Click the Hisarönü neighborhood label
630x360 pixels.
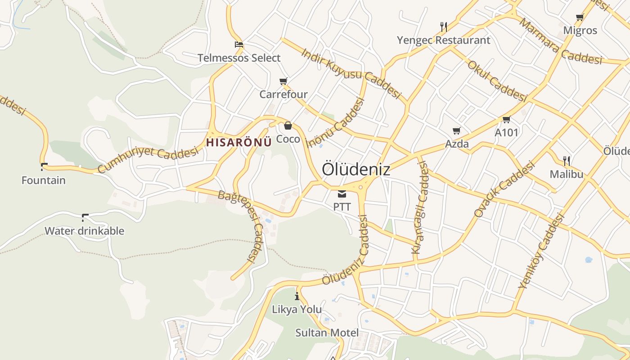239,142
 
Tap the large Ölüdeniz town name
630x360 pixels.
356,170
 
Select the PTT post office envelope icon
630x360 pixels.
342,194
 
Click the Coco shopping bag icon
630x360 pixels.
288,126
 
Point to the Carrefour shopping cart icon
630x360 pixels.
283,81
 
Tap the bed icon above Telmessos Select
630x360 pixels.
239,45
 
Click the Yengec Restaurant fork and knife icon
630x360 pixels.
444,27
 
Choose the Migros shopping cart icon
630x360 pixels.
580,18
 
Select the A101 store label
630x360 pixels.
506,133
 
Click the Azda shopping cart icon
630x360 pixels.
457,131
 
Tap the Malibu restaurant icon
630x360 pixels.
567,161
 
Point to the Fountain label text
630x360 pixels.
44,180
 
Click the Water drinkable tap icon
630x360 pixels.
85,218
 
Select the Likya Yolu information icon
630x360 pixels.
297,296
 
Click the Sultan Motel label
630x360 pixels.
327,333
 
